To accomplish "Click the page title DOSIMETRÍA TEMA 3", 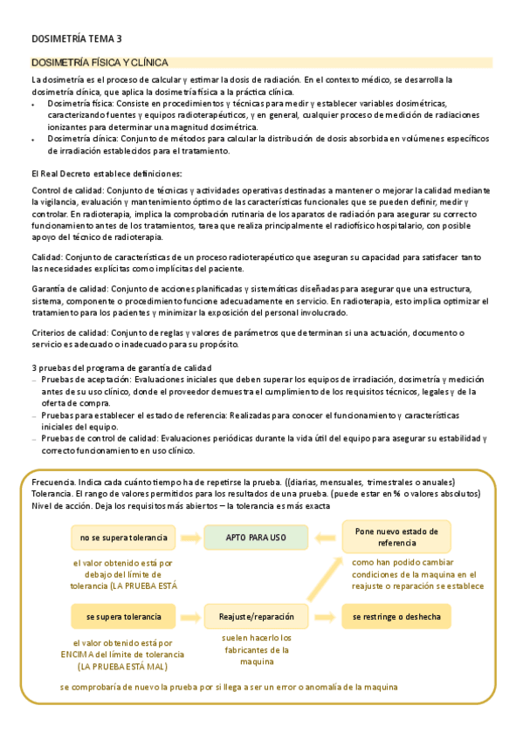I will pyautogui.click(x=77, y=38).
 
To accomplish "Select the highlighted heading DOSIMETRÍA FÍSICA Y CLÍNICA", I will pyautogui.click(x=107, y=63).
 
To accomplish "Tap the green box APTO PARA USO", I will pyautogui.click(x=256, y=537).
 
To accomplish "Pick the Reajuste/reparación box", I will pyautogui.click(x=256, y=617).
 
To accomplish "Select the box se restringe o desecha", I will pyautogui.click(x=396, y=617).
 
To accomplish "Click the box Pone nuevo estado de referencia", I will pyautogui.click(x=396, y=536).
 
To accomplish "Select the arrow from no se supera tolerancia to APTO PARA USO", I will pyautogui.click(x=189, y=537).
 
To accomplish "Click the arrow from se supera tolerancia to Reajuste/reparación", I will pyautogui.click(x=189, y=617).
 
